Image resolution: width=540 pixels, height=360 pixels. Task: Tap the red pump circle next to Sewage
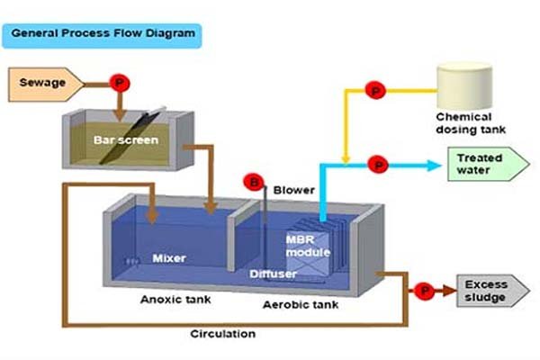coord(117,83)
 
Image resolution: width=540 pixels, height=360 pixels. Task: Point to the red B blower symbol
coord(256,184)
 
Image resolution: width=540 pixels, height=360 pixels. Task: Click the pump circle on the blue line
coord(378,165)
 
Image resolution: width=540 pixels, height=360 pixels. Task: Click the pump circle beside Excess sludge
coord(424,291)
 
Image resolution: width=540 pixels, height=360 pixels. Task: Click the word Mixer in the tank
coord(169,258)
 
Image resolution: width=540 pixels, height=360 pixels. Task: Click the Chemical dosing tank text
coord(463,123)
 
